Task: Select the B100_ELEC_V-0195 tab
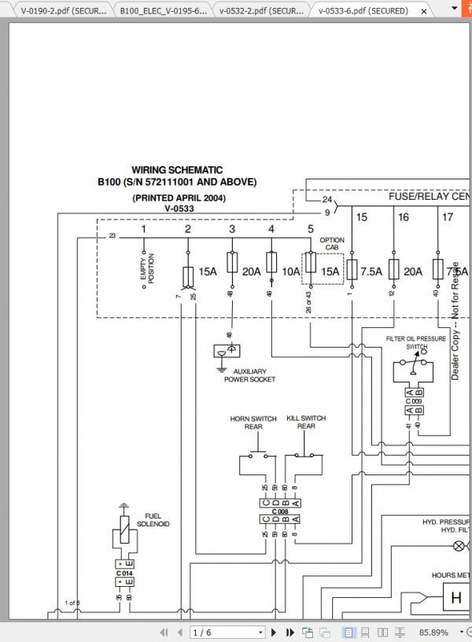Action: tap(164, 10)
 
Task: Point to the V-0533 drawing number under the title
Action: tap(179, 208)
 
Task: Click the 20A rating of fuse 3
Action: tap(251, 271)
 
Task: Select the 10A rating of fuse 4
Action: tap(290, 271)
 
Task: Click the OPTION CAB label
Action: tap(332, 244)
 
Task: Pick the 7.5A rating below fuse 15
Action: tap(371, 271)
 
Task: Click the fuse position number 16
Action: tap(404, 217)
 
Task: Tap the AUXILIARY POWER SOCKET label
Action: tap(249, 375)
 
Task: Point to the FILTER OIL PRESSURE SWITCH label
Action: tap(416, 342)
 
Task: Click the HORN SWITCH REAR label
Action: tap(253, 422)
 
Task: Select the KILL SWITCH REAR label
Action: tap(306, 422)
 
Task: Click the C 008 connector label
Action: tap(280, 511)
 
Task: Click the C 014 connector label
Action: tap(125, 573)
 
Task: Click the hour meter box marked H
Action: tap(455, 598)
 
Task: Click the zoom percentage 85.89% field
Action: tap(433, 632)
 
